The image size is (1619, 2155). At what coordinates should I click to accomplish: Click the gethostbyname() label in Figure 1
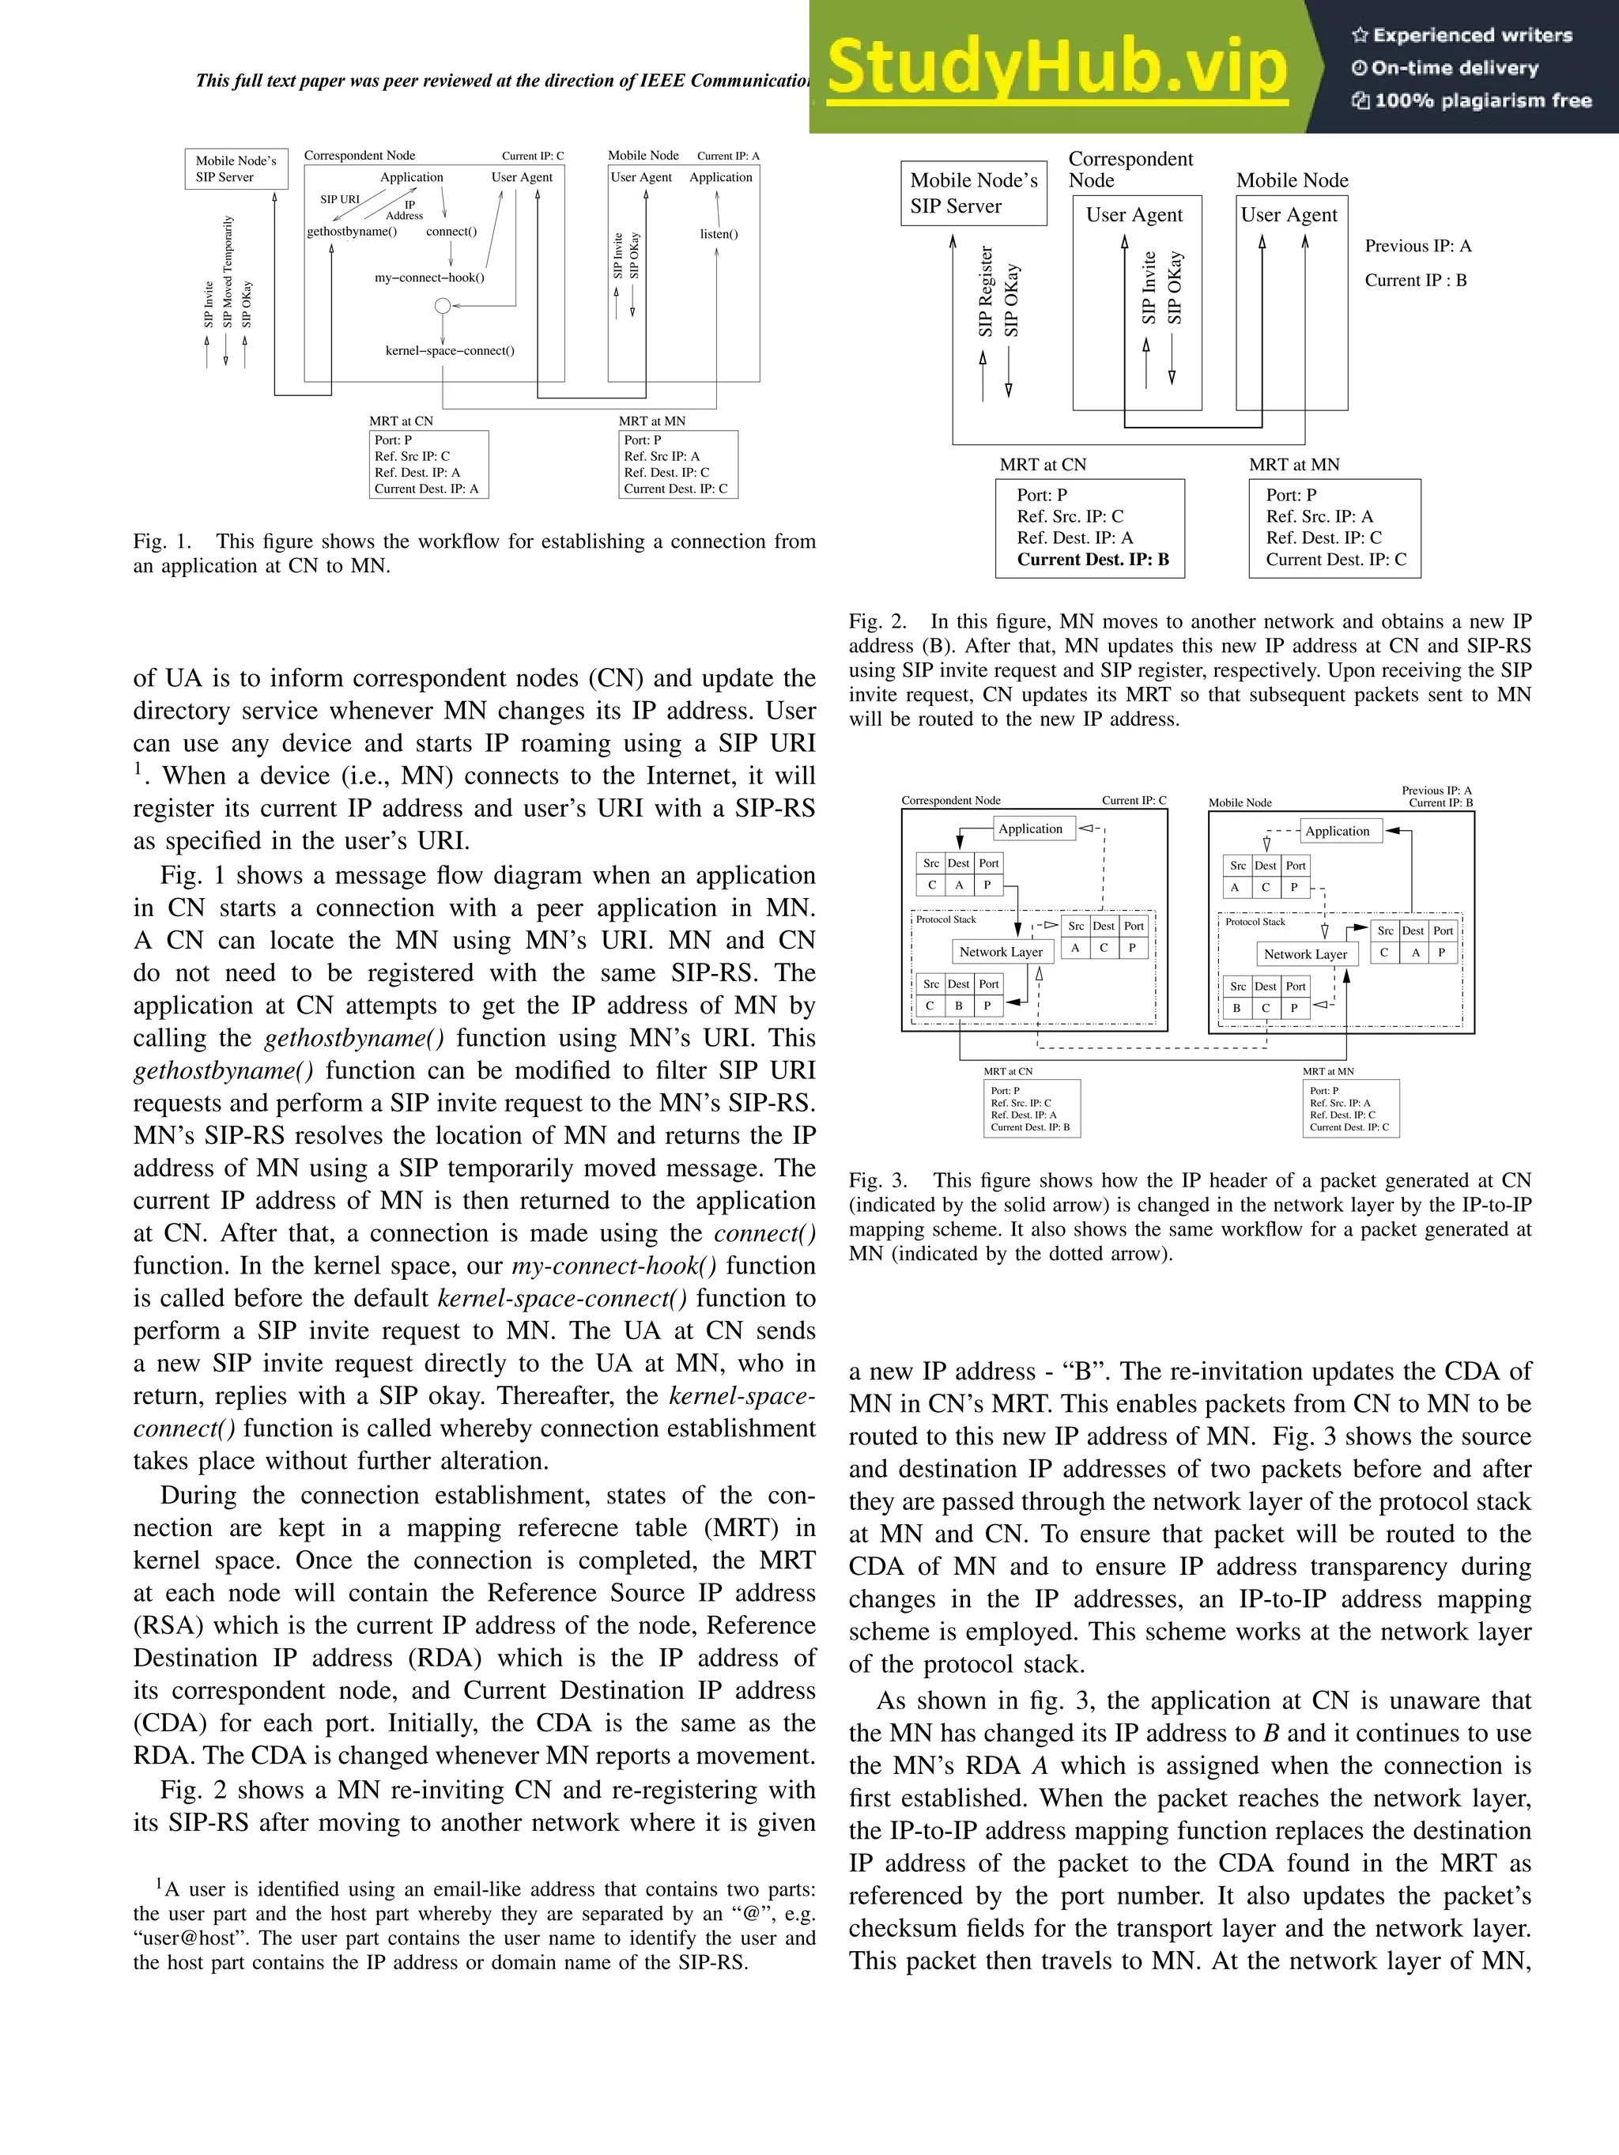[352, 232]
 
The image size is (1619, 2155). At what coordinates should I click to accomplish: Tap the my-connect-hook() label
[429, 277]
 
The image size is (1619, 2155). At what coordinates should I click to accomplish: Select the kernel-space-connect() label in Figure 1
[450, 351]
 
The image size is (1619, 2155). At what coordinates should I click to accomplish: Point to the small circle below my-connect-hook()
[442, 306]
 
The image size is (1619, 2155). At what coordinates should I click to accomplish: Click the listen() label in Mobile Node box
[719, 234]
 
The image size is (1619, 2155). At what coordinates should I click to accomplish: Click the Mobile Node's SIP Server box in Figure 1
[236, 168]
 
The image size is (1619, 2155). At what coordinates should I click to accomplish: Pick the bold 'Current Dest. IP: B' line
[1093, 559]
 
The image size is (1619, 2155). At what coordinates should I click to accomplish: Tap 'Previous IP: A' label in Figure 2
[1417, 247]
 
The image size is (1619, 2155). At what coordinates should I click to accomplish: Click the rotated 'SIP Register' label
[986, 291]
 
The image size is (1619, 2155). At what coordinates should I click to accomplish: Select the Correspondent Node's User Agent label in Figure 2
[1134, 215]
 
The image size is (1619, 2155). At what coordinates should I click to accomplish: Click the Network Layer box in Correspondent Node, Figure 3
[1001, 952]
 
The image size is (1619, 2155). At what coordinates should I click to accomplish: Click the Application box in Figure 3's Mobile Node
[1337, 831]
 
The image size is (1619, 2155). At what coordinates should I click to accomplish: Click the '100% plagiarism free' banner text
[1481, 100]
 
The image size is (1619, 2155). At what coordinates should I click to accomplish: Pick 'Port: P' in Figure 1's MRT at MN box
[642, 440]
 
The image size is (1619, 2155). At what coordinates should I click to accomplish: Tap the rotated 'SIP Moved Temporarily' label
[227, 271]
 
